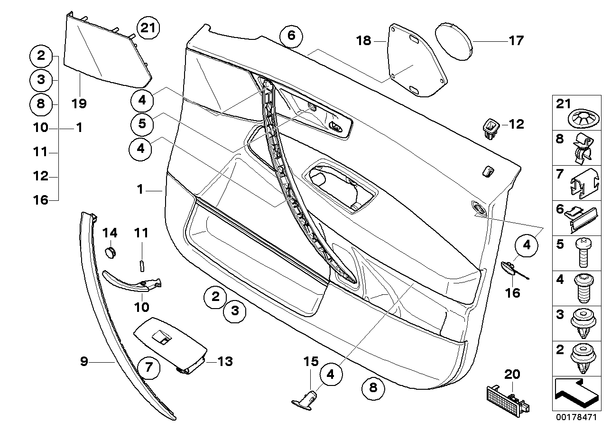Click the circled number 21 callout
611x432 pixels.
148,28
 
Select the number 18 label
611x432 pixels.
364,41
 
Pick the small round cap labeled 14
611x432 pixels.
111,252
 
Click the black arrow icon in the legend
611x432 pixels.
577,393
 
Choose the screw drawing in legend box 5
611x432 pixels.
583,253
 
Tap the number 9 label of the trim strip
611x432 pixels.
84,362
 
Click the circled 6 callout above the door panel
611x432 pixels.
291,36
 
